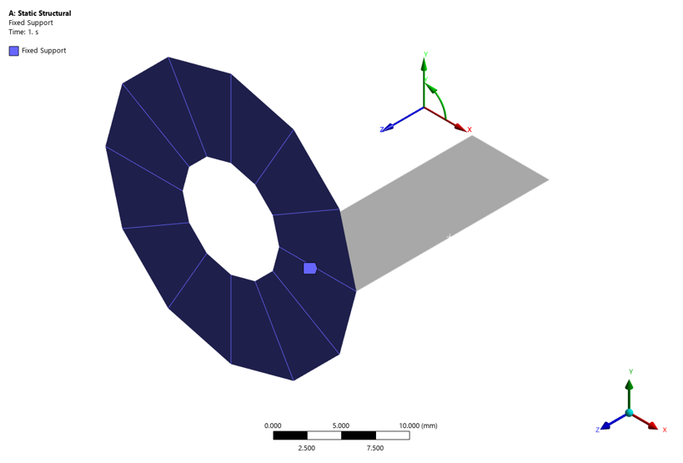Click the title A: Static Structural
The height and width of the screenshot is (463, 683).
tap(40, 13)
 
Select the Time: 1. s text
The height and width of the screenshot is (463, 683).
tap(23, 32)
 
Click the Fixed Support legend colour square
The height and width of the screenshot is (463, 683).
tap(14, 51)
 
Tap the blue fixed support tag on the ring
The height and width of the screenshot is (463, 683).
tap(309, 269)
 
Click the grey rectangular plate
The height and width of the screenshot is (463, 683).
tap(444, 214)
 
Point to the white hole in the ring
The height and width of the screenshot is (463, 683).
tap(231, 219)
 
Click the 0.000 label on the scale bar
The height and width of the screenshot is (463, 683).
tap(273, 425)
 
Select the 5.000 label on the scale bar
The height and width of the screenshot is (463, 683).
tap(340, 425)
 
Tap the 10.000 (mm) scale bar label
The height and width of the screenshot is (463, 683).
tap(418, 425)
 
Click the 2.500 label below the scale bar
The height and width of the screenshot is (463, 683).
tap(307, 448)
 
